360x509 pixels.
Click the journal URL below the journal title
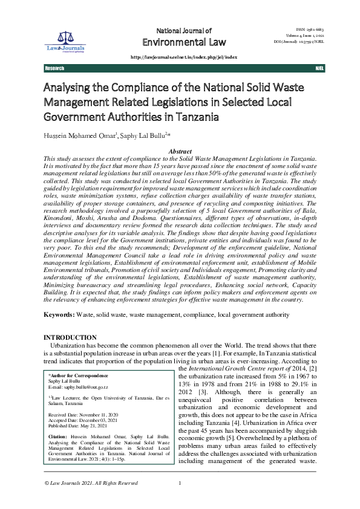tap(184, 56)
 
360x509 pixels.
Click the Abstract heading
tap(180, 151)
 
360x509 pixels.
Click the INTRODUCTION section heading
tap(70, 337)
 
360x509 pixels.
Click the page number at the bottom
tap(180, 499)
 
